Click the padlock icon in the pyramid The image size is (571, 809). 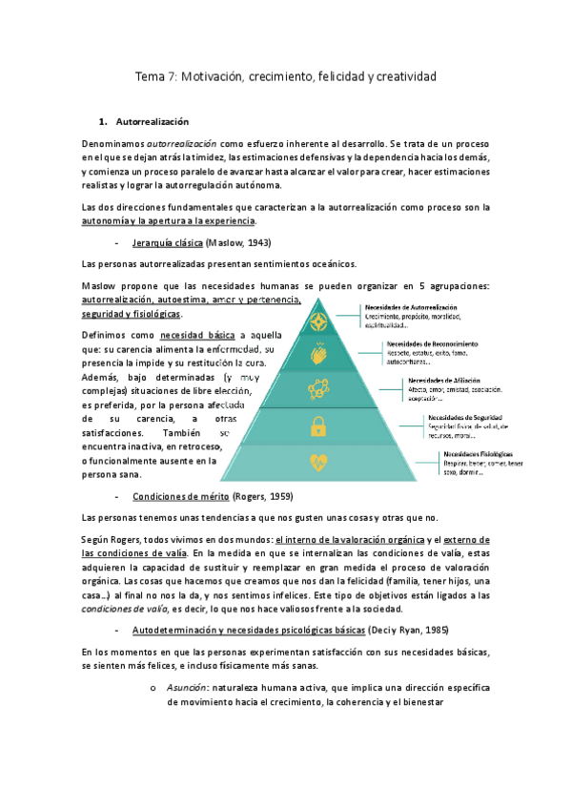(x=317, y=425)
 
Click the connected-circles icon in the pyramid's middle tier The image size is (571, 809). (x=317, y=389)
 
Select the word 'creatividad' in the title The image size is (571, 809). (x=401, y=74)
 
